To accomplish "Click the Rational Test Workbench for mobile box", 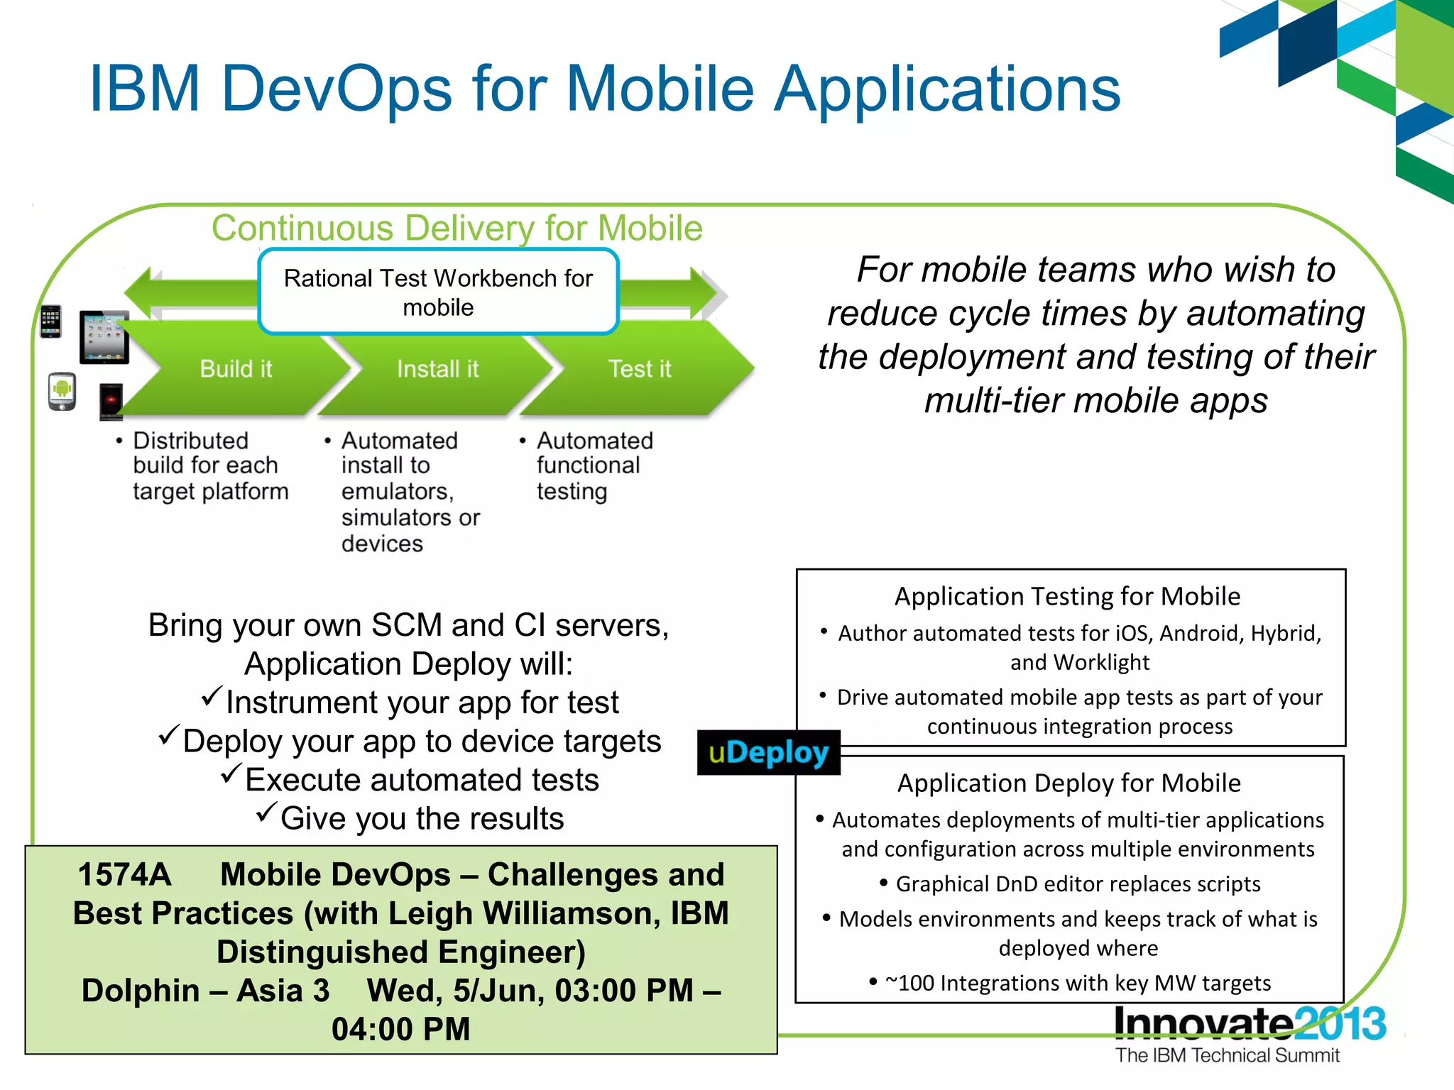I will coord(438,292).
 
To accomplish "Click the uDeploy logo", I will coord(768,752).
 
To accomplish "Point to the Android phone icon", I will coord(62,391).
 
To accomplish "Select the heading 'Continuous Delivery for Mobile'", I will coord(457,229).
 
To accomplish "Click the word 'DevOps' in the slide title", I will coord(337,89).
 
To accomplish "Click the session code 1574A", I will coord(124,874).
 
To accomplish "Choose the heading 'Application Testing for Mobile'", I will coord(1067,596).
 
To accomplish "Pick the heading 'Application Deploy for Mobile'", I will coord(1068,783).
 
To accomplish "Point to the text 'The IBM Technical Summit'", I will coord(1227,1055).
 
